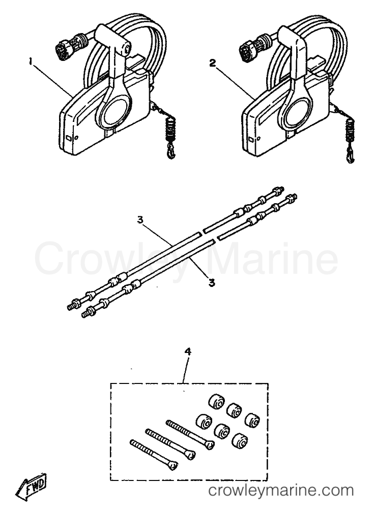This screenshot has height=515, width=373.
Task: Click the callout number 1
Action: [x=31, y=61]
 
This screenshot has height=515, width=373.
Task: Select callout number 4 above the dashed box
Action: [x=188, y=352]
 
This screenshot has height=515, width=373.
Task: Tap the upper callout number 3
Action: [x=140, y=220]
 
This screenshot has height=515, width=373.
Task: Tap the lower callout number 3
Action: [x=212, y=282]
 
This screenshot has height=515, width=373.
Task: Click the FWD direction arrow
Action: [x=31, y=485]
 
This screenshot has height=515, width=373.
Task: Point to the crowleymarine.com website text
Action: [x=281, y=491]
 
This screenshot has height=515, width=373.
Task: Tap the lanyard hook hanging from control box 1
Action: [x=171, y=153]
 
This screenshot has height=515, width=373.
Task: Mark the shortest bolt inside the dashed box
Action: [x=154, y=454]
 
